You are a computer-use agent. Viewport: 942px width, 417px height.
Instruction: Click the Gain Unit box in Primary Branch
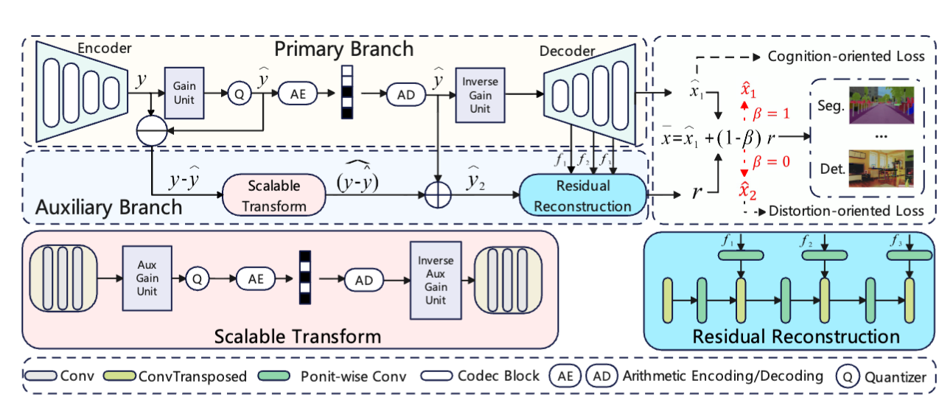point(184,92)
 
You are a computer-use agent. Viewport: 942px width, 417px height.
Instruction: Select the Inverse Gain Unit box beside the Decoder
point(480,94)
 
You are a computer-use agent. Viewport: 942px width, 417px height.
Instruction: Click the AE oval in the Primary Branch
point(299,94)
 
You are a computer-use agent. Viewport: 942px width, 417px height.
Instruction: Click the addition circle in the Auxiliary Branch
point(439,195)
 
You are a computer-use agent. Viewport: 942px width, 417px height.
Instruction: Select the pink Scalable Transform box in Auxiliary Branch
point(273,195)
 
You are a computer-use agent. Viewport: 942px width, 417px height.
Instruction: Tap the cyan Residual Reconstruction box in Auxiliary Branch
point(582,195)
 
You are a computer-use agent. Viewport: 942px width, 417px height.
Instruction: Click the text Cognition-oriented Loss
point(845,57)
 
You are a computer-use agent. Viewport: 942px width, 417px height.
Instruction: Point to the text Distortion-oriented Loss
point(845,211)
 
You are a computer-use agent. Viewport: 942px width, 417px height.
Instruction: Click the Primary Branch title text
point(343,49)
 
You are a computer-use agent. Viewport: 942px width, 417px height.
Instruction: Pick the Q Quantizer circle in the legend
point(846,377)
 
